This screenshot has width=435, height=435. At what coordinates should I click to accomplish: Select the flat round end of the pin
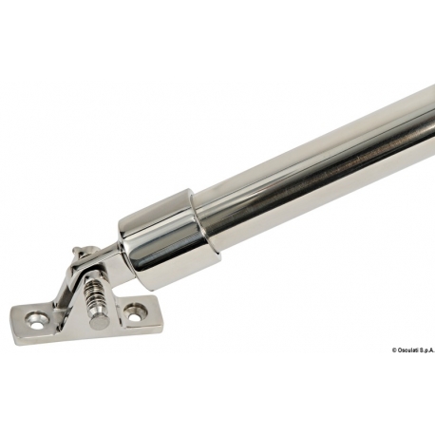[97, 323]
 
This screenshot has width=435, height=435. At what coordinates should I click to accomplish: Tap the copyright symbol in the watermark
[394, 350]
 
